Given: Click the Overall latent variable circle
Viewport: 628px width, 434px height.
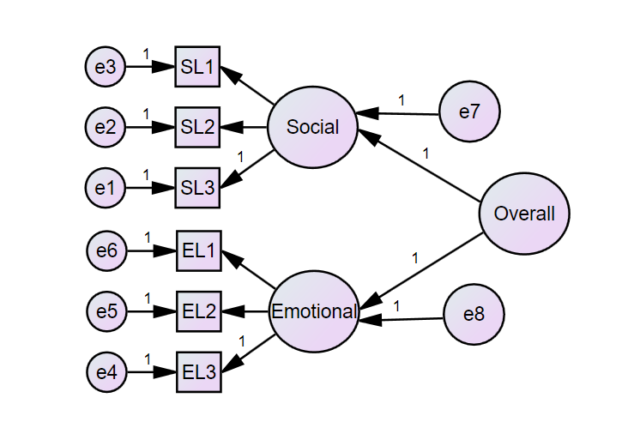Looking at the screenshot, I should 524,214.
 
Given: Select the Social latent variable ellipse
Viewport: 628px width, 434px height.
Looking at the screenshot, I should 312,128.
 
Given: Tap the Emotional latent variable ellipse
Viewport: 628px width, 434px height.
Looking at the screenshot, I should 313,311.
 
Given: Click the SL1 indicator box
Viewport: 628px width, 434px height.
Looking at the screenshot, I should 198,67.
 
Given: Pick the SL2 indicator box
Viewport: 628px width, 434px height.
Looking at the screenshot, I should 198,127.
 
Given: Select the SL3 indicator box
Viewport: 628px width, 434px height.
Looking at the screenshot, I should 198,188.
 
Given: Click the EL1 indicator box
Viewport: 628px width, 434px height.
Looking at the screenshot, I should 199,251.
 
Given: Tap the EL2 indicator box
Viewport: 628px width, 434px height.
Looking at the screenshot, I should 199,311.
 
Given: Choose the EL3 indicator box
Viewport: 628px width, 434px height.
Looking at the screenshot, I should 199,372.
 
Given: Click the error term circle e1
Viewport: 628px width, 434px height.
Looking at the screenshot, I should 106,188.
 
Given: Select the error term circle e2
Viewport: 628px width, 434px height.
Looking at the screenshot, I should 106,127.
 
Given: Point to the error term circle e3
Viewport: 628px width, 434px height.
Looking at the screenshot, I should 106,67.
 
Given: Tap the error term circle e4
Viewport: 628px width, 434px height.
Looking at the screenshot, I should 107,372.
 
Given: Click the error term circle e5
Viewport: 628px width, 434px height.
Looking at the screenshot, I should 107,311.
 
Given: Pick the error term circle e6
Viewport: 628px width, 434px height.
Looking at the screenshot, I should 107,251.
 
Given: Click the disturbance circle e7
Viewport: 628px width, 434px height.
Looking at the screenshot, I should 468,112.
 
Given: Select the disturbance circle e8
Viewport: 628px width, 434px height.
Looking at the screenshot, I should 474,315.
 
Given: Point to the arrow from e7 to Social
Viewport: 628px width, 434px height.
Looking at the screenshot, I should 398,112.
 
